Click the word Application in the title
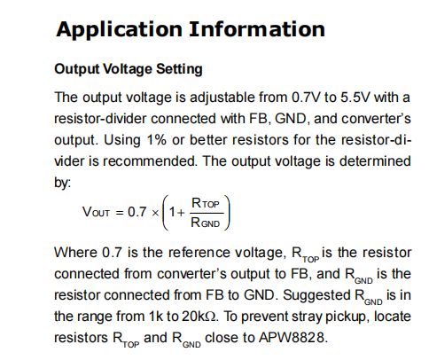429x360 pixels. (x=119, y=30)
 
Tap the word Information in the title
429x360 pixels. (x=257, y=29)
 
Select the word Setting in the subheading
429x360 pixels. (x=179, y=70)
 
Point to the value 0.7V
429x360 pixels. (x=306, y=97)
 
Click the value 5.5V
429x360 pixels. (x=355, y=97)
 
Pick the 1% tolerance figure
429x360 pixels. (x=157, y=140)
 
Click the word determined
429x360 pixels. (x=375, y=161)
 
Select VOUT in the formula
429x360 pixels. (x=96, y=212)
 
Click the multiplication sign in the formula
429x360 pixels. (x=155, y=213)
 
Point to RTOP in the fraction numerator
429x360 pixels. (x=206, y=203)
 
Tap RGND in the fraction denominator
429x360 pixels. (x=206, y=223)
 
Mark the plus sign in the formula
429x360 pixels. (x=181, y=213)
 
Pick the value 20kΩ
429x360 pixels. (x=199, y=317)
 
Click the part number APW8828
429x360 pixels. (x=293, y=338)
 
